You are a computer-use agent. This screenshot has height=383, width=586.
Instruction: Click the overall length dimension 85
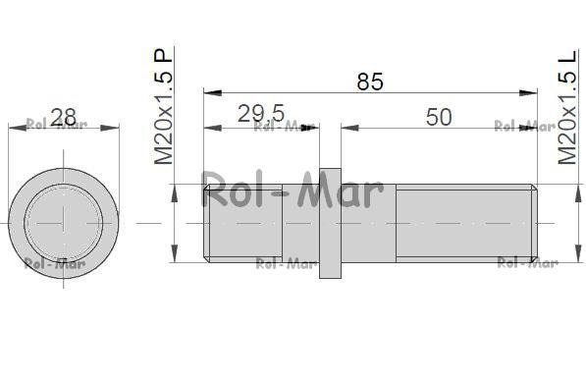click(x=370, y=82)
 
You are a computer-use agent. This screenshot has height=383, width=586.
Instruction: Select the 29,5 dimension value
click(x=261, y=114)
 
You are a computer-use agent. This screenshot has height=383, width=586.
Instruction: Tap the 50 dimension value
click(x=439, y=117)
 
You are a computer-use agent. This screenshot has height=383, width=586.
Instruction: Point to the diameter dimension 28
click(x=63, y=118)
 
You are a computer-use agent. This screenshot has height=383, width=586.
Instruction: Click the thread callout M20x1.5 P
click(x=163, y=106)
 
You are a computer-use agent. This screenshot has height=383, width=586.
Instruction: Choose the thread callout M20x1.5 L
click(x=567, y=107)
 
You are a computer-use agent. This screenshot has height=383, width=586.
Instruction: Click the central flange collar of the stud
click(x=330, y=223)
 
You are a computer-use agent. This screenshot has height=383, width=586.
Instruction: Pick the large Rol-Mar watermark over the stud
click(x=293, y=190)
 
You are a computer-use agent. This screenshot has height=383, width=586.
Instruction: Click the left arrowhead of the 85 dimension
click(x=213, y=92)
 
